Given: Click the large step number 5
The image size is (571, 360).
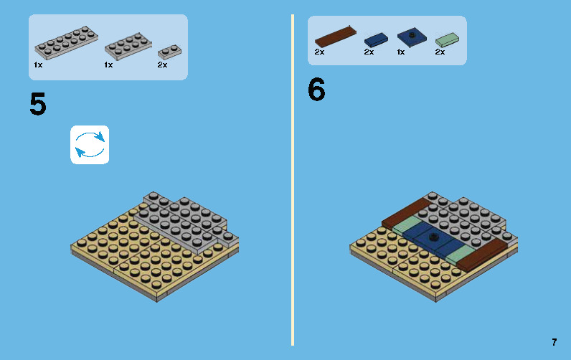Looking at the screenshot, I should pyautogui.click(x=38, y=105).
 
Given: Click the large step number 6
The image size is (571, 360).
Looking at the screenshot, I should pyautogui.click(x=316, y=90).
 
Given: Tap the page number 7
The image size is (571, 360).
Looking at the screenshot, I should pyautogui.click(x=554, y=342).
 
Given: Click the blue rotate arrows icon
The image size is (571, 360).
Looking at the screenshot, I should pyautogui.click(x=90, y=145).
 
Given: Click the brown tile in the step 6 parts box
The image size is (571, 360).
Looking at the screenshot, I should pyautogui.click(x=336, y=35).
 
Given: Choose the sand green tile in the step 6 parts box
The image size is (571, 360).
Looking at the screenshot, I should pyautogui.click(x=447, y=39).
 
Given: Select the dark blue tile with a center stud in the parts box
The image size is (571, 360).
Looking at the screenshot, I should pyautogui.click(x=411, y=37).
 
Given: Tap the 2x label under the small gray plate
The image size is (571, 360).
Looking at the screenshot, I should pyautogui.click(x=162, y=65).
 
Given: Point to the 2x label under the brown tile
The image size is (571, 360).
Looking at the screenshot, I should pyautogui.click(x=320, y=52).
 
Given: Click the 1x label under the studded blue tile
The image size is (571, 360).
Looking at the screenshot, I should pyautogui.click(x=400, y=52).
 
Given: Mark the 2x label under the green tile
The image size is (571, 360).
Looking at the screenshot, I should pyautogui.click(x=440, y=52).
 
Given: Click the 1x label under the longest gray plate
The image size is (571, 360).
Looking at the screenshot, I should pyautogui.click(x=38, y=65).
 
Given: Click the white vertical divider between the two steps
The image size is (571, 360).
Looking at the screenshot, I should pyautogui.click(x=293, y=179).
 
